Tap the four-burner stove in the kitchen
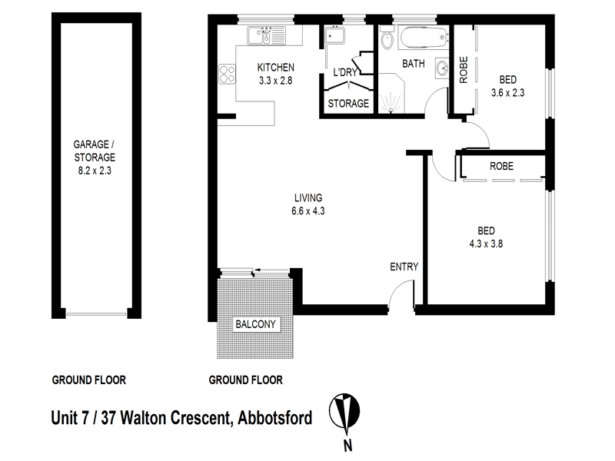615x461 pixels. click(x=228, y=75)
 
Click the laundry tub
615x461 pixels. click(x=334, y=38)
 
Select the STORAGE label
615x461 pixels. click(x=348, y=103)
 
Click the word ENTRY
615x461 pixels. click(x=404, y=267)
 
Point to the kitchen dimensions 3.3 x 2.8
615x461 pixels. click(x=275, y=80)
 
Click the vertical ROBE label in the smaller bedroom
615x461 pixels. click(x=464, y=71)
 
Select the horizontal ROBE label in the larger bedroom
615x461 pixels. click(x=501, y=167)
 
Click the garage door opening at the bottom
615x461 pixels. click(x=95, y=313)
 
